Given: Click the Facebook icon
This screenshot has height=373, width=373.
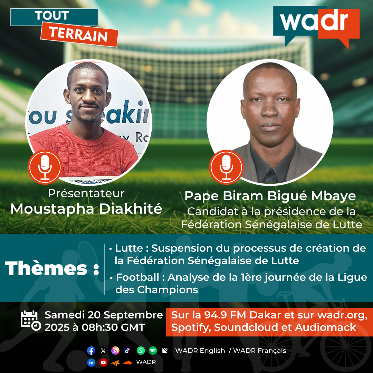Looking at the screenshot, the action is pos(91,351).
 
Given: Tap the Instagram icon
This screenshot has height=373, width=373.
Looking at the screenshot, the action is pos(115,351).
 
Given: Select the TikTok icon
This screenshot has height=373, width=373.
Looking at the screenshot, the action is pos(127,351).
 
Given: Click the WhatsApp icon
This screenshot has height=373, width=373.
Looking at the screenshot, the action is pos(141,351).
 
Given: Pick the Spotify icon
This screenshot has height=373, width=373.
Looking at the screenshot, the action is pos(153,351).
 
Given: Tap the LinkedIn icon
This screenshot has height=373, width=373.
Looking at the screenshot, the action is pos(91,363).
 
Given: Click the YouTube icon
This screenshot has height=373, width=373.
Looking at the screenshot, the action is pos(103,363).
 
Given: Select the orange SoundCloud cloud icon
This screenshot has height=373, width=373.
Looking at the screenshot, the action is pos(127,363).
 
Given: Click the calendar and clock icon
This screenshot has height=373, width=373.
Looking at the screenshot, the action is pos(31,321).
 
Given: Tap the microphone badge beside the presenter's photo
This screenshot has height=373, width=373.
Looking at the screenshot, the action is pos(45,167).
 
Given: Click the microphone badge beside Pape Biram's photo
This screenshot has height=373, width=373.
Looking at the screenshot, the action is pos(226,167).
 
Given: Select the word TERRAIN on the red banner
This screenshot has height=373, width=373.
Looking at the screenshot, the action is pos(79,35).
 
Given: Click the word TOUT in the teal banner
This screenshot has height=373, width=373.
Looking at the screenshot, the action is pos(52,16).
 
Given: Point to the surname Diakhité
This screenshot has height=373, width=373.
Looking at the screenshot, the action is pos(131,209).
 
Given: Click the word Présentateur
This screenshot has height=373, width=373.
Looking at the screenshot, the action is pos(86,193).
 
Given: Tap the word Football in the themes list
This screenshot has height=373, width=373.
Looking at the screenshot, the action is pos(137,277).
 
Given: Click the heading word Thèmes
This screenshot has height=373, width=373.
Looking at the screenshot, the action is pos(46,268).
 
